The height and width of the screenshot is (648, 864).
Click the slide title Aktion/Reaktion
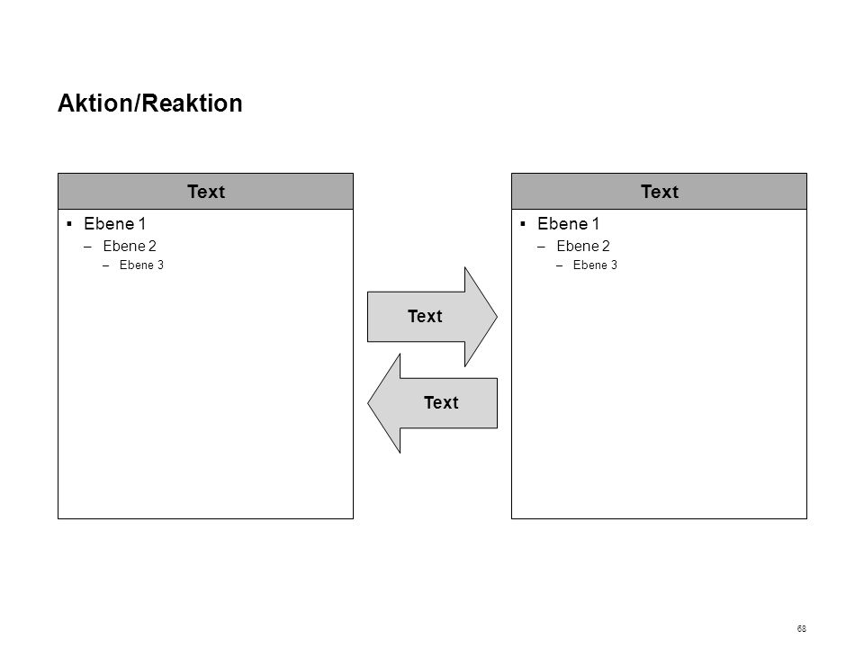click(x=150, y=103)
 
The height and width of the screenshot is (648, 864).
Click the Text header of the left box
click(x=206, y=192)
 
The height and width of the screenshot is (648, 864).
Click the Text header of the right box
click(x=660, y=192)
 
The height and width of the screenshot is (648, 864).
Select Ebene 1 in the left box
click(x=114, y=224)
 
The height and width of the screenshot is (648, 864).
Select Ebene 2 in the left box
click(x=130, y=246)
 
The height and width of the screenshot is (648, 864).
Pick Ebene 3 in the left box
click(x=141, y=265)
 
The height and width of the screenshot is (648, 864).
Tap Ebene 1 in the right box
click(x=568, y=224)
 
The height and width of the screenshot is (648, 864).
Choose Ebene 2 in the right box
click(x=583, y=246)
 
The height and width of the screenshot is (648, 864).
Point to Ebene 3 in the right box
click(x=595, y=265)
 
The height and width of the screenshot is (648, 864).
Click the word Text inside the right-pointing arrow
click(x=425, y=316)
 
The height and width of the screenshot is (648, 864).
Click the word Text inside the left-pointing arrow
click(x=441, y=403)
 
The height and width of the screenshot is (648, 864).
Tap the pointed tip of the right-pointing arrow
click(x=497, y=317)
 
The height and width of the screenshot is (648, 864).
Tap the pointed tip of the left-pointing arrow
click(x=368, y=403)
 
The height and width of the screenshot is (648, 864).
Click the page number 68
click(x=801, y=629)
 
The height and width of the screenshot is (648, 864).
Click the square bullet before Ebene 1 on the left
click(x=69, y=224)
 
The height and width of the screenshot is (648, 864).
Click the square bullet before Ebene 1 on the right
click(x=522, y=224)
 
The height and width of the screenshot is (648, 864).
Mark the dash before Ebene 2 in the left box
click(x=87, y=247)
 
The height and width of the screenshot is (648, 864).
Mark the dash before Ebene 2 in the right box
click(x=541, y=247)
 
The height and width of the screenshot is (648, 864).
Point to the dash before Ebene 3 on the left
click(x=106, y=265)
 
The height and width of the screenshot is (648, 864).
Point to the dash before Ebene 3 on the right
click(x=559, y=265)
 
